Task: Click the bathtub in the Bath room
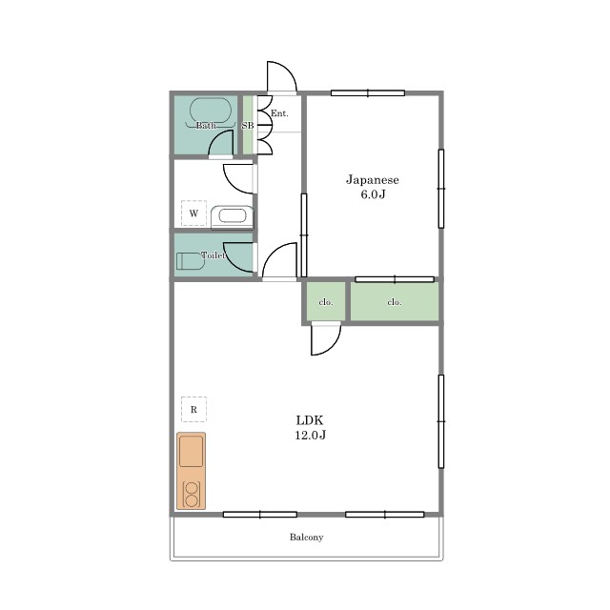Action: tap(211, 111)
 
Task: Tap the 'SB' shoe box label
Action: tap(248, 126)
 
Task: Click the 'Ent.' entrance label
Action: tap(279, 113)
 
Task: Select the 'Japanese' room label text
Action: tap(373, 180)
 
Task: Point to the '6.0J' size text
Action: tap(373, 194)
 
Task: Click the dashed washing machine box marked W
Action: tap(193, 213)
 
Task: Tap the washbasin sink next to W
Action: tap(232, 216)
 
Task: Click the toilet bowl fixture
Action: tap(191, 261)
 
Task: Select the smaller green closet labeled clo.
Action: tap(326, 301)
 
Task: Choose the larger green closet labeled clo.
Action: tap(395, 301)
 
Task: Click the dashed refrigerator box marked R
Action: tap(193, 409)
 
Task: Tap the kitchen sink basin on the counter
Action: tap(191, 451)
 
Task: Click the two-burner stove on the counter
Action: tap(192, 495)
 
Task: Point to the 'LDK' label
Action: tap(310, 420)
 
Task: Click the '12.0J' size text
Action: tap(310, 435)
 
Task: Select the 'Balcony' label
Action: tap(307, 538)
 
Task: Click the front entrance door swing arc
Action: tap(289, 70)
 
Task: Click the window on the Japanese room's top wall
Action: tap(368, 93)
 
